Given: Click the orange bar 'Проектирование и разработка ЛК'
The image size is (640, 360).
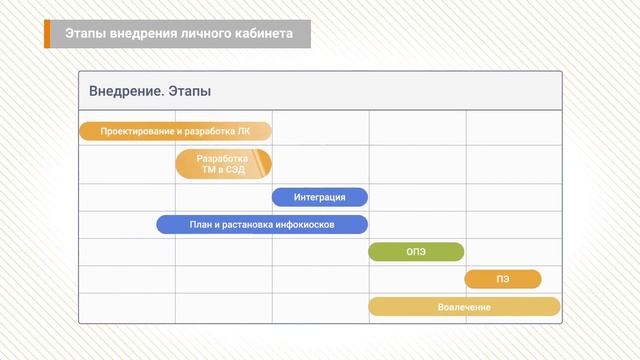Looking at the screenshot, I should click(175, 131).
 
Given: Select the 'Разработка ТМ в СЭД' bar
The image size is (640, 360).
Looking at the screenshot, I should click(223, 164).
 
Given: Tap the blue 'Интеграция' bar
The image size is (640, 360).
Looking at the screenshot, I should click(320, 197).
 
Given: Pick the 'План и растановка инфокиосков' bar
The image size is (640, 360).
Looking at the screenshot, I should click(262, 224).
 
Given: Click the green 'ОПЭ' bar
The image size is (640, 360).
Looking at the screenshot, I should click(416, 251).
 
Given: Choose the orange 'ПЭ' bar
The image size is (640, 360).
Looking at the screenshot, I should click(502, 279).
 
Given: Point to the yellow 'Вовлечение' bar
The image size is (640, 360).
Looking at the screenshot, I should click(464, 306).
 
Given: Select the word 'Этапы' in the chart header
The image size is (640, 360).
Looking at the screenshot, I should click(189, 92).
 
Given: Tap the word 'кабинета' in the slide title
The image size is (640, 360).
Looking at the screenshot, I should click(263, 34).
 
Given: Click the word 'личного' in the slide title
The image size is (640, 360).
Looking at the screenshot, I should click(205, 34).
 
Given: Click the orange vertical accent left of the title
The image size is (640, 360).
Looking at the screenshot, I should click(47, 34).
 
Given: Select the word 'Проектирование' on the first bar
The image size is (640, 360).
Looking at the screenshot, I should click(134, 131).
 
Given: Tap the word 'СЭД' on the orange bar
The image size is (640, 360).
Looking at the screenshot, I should click(237, 170).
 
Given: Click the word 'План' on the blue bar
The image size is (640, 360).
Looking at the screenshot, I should click(200, 225).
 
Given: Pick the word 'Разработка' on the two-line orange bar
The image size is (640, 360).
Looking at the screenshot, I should click(223, 158).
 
